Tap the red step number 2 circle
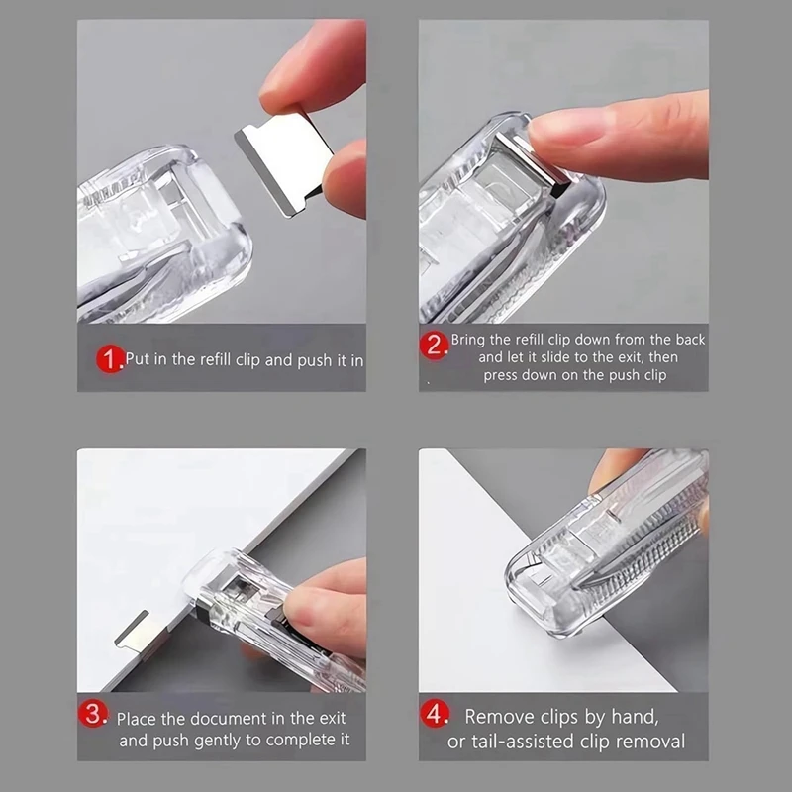tap(436, 346)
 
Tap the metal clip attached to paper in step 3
tap(136, 628)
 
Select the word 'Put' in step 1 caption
tap(139, 359)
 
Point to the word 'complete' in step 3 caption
tap(315, 741)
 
